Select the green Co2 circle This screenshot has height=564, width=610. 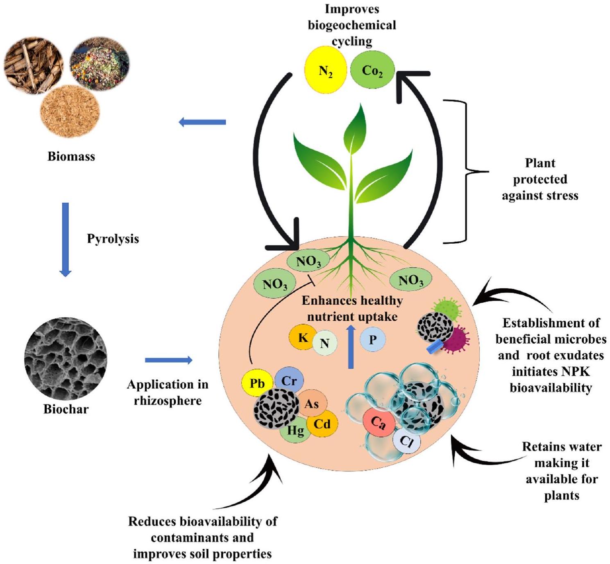(372, 70)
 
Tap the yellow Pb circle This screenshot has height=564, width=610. (257, 383)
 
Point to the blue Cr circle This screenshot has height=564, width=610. (289, 380)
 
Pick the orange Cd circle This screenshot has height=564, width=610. (322, 424)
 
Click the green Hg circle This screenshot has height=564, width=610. (295, 431)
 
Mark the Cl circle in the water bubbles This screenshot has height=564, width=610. (407, 441)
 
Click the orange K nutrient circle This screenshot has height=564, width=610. (303, 337)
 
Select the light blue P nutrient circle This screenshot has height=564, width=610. (373, 339)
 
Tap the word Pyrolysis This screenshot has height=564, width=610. (113, 238)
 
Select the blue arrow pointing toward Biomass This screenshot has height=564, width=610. (202, 122)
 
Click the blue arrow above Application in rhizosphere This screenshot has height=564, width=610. (168, 360)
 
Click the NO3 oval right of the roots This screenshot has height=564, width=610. (410, 280)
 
